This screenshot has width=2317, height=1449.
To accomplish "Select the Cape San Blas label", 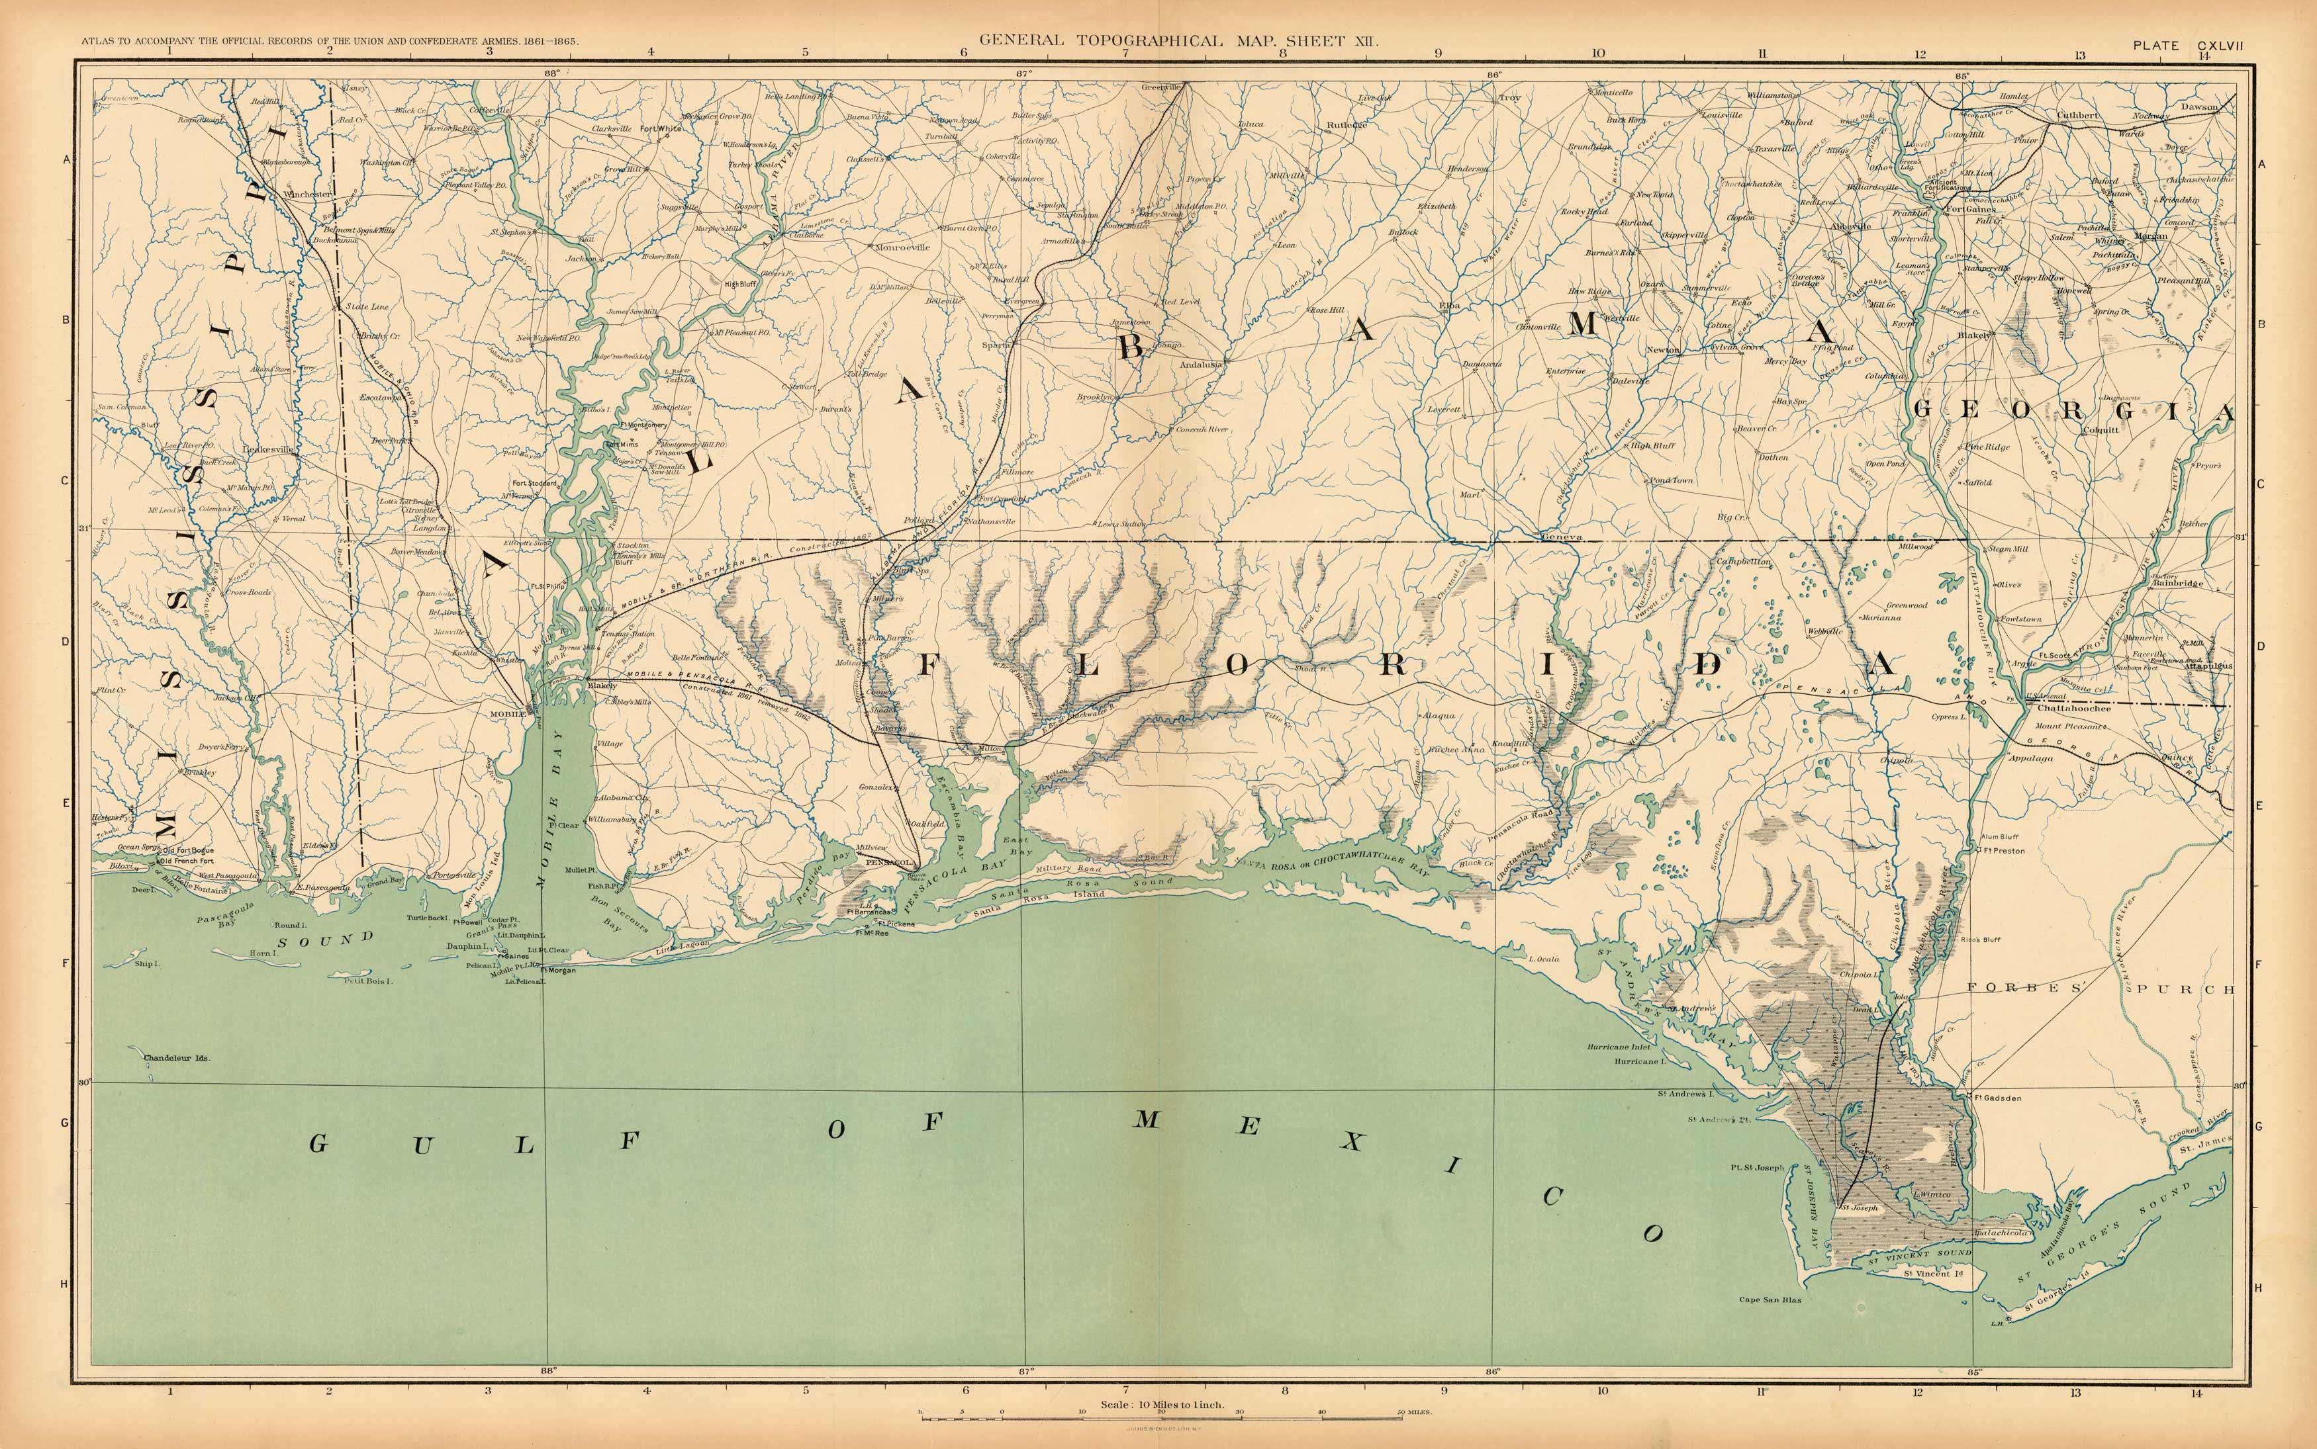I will (1771, 1300).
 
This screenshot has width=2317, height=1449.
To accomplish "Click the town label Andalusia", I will (1201, 365).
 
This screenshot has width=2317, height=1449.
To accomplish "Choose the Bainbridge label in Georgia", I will (2178, 583).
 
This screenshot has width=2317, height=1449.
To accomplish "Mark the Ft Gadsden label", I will (1999, 1098).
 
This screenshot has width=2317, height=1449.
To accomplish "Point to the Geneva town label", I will (1560, 539).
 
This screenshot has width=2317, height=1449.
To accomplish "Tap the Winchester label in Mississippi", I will (308, 195).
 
